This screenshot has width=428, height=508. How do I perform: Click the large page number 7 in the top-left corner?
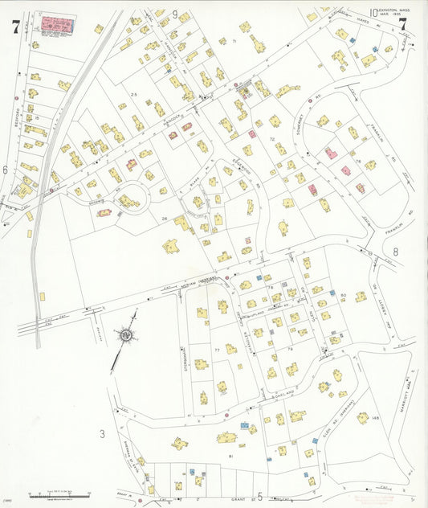(15, 27)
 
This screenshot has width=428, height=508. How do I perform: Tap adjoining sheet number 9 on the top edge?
(174, 14)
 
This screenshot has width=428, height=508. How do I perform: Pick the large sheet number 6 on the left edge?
(5, 170)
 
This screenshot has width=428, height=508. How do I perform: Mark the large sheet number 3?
(102, 435)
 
